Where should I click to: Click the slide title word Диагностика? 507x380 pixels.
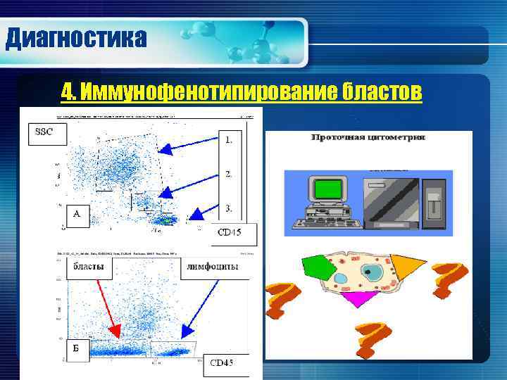point(76,37)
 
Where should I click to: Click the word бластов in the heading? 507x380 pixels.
point(383,91)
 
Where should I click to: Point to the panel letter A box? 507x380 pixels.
point(77,215)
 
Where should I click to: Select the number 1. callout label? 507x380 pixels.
point(230,139)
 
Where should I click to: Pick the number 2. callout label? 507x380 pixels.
point(230,173)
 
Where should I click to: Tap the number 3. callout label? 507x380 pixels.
point(230,208)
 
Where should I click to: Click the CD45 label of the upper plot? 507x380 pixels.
point(233,233)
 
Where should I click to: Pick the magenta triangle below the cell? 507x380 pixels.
point(360,298)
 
